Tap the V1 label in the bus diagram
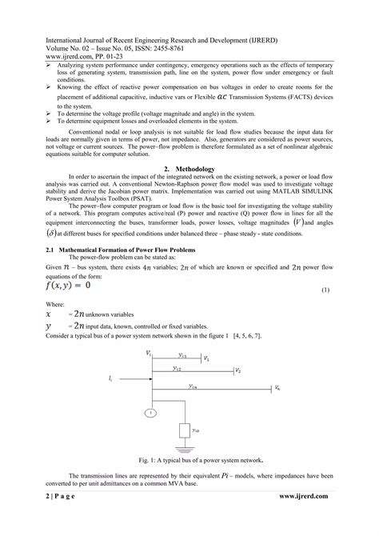pyautogui.click(x=207, y=359)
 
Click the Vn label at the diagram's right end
pyautogui.click(x=277, y=388)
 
